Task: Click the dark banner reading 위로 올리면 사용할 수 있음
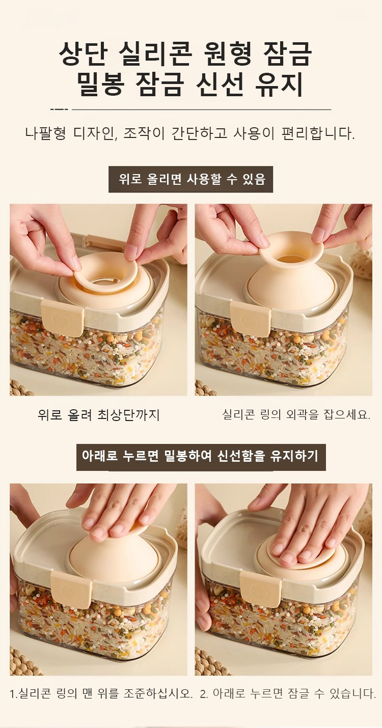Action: pyautogui.click(x=190, y=179)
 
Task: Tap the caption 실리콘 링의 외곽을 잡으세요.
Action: pyautogui.click(x=296, y=414)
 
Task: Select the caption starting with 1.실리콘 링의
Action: pyautogui.click(x=101, y=693)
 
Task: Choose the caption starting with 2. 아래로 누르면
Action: pyautogui.click(x=288, y=693)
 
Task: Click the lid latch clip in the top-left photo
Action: pyautogui.click(x=63, y=318)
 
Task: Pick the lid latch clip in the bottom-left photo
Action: pyautogui.click(x=71, y=589)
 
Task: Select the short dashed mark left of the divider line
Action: pyautogui.click(x=59, y=109)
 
